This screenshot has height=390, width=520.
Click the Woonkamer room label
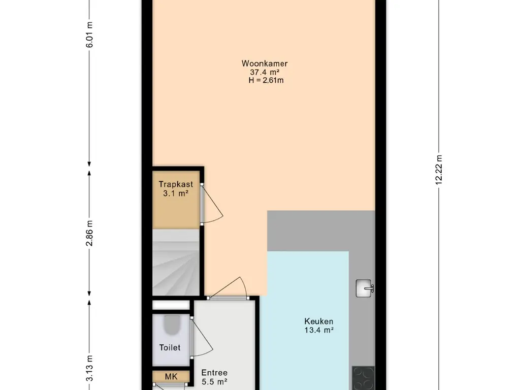pyautogui.click(x=264, y=63)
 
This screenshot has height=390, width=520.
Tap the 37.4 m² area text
pyautogui.click(x=265, y=72)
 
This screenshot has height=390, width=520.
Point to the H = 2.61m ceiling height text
pyautogui.click(x=266, y=80)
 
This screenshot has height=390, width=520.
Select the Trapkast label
pyautogui.click(x=176, y=184)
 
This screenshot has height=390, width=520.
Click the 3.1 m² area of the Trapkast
pyautogui.click(x=176, y=193)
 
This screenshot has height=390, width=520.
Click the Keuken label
pyautogui.click(x=319, y=321)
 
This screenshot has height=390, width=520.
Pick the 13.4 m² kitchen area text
pyautogui.click(x=319, y=330)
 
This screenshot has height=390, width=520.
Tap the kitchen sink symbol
pyautogui.click(x=365, y=288)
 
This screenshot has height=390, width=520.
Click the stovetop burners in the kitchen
pyautogui.click(x=363, y=378)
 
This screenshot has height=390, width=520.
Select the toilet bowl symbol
pyautogui.click(x=172, y=324)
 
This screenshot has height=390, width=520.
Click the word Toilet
pyautogui.click(x=170, y=347)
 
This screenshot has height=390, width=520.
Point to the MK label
pyautogui.click(x=171, y=377)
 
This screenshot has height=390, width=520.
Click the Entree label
pyautogui.click(x=214, y=373)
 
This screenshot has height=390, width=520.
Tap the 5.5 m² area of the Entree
pyautogui.click(x=214, y=382)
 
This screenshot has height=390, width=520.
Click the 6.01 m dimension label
pyautogui.click(x=89, y=35)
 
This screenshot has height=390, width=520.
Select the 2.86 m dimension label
pyautogui.click(x=89, y=233)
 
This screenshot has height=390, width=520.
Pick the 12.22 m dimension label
pyautogui.click(x=439, y=170)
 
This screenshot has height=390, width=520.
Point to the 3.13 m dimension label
pyautogui.click(x=89, y=369)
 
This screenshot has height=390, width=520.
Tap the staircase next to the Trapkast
pyautogui.click(x=176, y=263)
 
